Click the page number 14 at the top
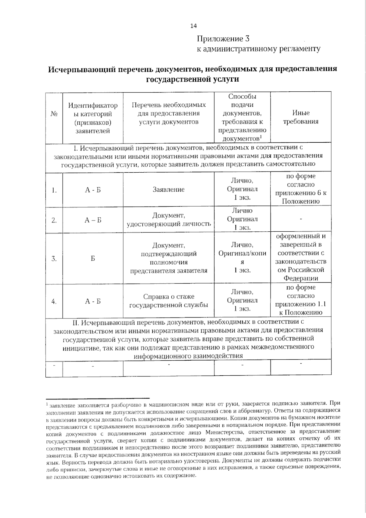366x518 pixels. pos(193,26)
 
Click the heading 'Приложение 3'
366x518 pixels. pos(223,39)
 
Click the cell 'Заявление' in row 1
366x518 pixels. pos(168,189)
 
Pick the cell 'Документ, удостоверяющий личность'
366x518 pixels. pos(169,219)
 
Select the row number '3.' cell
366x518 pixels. pos(54,259)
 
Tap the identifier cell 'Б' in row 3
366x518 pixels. pos(93,259)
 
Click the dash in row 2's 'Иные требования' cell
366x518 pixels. pos(301,219)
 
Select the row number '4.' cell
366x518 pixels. pos(54,301)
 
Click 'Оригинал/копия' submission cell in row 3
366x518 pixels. pos(242,253)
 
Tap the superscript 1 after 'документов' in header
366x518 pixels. pos(261,136)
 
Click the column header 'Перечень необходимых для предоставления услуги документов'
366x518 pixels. pos(169,113)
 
